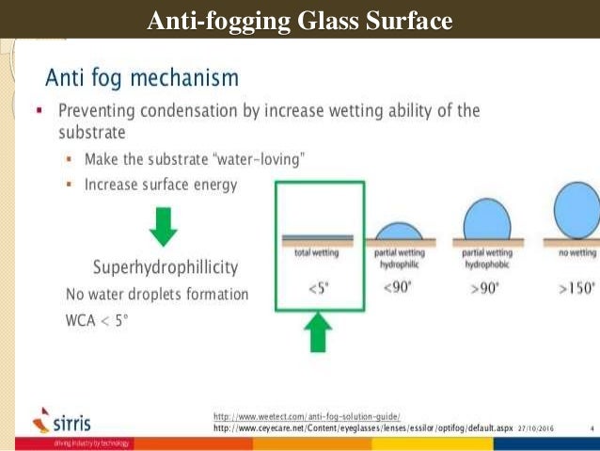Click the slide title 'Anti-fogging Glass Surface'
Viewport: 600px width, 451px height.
click(x=300, y=19)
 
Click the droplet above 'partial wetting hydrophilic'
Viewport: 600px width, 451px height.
click(x=399, y=231)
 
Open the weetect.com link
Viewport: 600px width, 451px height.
click(x=307, y=415)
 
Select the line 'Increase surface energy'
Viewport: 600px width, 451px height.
click(x=161, y=185)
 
